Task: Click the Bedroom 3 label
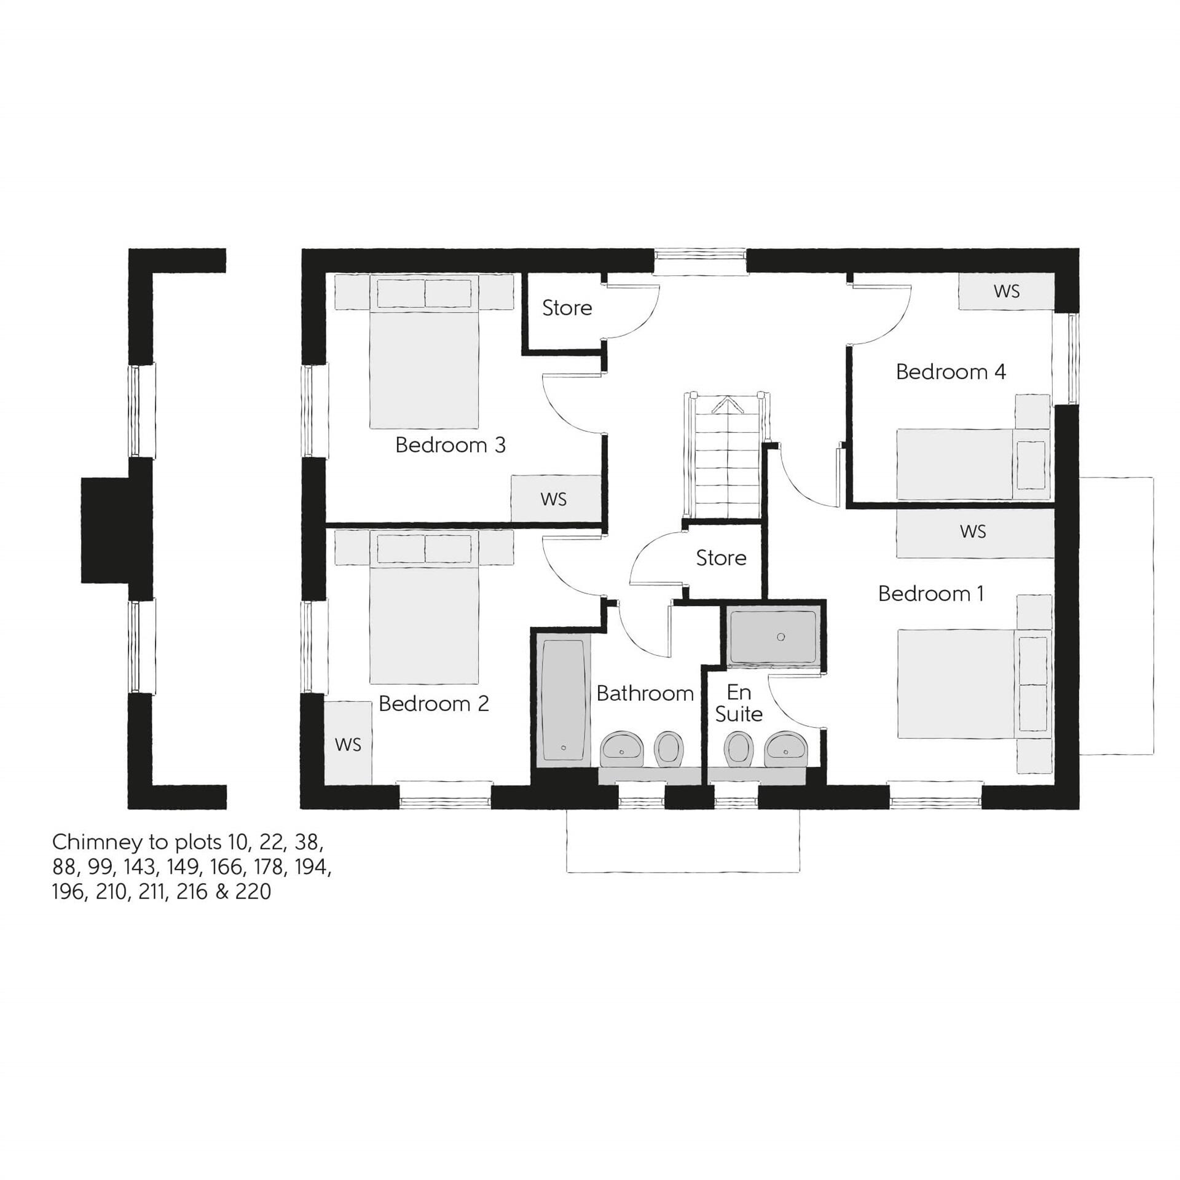point(450,445)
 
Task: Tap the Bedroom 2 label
point(433,704)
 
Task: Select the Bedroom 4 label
point(951,372)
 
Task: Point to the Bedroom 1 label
point(930,594)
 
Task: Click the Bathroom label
point(645,693)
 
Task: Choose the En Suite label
point(739,703)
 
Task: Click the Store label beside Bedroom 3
point(567,308)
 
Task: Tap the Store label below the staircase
point(721,558)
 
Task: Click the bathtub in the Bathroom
point(562,701)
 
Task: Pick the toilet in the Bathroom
point(669,749)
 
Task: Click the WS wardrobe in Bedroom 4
point(1006,291)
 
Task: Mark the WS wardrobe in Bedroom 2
point(348,745)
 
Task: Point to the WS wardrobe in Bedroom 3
point(554,498)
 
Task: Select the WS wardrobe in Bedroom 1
point(973,532)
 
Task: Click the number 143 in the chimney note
point(139,867)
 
